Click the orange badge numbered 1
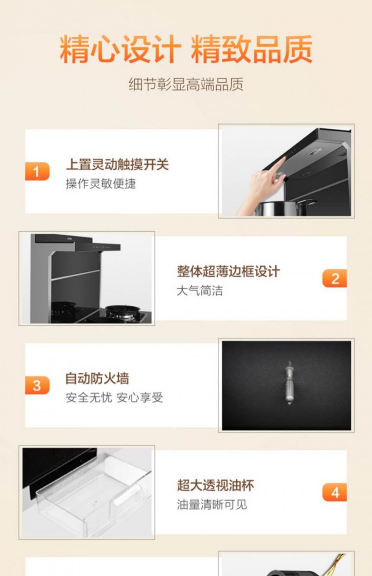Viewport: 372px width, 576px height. pos(37,171)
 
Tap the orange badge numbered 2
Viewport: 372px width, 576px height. pos(334,278)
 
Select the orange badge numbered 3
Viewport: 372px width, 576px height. pos(37,385)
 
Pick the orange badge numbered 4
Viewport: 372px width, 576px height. pos(334,492)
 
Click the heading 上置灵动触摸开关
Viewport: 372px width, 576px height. pos(117,164)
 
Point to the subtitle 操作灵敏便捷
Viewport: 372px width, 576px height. pos(100,183)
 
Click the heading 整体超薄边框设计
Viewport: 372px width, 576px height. pos(228,271)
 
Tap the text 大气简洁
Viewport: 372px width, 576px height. pos(200,291)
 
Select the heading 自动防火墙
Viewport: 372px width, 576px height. pos(97,378)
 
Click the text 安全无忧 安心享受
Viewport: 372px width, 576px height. pos(114,398)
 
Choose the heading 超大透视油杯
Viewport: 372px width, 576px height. pos(215,485)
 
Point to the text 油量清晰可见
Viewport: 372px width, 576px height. pos(212,504)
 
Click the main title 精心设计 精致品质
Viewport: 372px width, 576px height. pos(186,49)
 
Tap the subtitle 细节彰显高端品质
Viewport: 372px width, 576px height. pos(186,84)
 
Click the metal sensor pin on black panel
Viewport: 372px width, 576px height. pos(289,382)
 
